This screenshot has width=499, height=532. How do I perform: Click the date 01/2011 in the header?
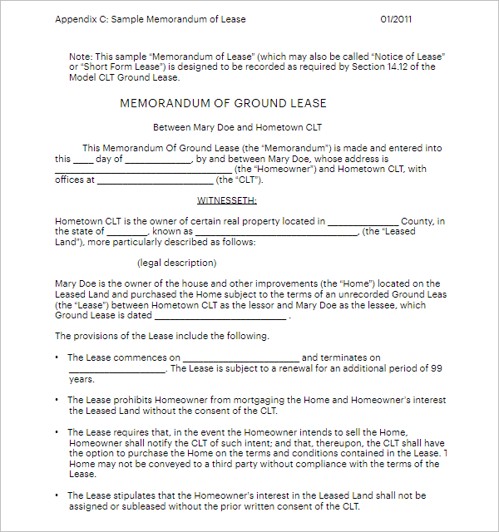396,19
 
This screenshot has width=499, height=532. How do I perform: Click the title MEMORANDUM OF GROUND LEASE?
223,104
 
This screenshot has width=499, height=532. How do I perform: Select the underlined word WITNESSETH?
226,200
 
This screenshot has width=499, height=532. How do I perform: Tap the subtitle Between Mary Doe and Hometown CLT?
237,127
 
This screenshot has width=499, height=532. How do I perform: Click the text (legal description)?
176,263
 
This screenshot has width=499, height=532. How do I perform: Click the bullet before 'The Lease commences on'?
57,357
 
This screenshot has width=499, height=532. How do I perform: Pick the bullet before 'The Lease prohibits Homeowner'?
57,400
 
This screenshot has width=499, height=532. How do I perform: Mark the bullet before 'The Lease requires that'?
57,432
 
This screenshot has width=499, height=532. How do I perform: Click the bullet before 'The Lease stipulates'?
57,495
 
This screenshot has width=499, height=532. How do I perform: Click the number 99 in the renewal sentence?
436,367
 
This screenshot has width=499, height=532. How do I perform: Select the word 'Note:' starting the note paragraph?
81,57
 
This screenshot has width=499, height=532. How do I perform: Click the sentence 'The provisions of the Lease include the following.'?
162,336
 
